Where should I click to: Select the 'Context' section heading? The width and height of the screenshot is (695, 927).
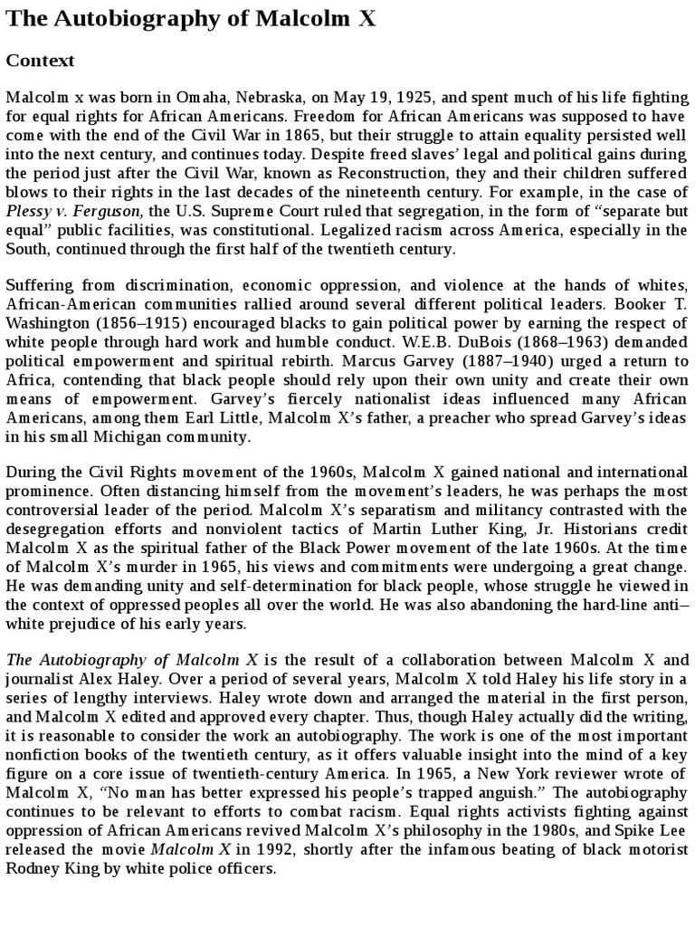pyautogui.click(x=40, y=61)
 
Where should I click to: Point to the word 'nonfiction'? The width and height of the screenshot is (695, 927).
pyautogui.click(x=44, y=754)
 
